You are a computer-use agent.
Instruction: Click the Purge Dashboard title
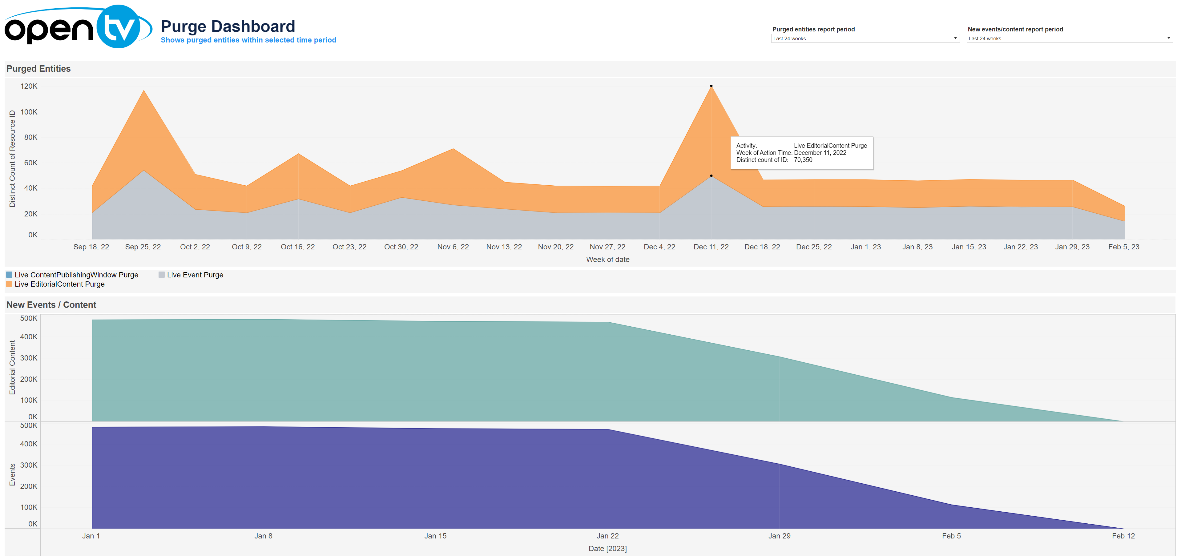(228, 26)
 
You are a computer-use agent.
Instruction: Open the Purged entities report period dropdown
(865, 38)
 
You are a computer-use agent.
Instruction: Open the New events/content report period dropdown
(1069, 38)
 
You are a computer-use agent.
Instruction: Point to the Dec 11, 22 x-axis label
(711, 247)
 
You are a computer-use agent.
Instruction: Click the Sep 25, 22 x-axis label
(143, 247)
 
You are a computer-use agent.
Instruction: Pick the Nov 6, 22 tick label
(453, 247)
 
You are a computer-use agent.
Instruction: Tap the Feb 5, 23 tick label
(1123, 247)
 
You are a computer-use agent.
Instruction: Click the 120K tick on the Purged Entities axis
(29, 86)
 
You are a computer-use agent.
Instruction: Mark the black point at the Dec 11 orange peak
(711, 86)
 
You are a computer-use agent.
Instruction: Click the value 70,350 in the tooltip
(803, 160)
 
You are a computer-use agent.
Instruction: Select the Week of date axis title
(608, 260)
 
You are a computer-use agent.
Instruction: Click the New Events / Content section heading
(51, 305)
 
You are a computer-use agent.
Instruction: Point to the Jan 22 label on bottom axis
(607, 536)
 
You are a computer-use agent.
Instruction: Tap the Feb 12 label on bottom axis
(1123, 536)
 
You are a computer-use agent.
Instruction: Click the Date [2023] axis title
(607, 548)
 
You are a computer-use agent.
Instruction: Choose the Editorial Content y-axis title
(12, 367)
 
